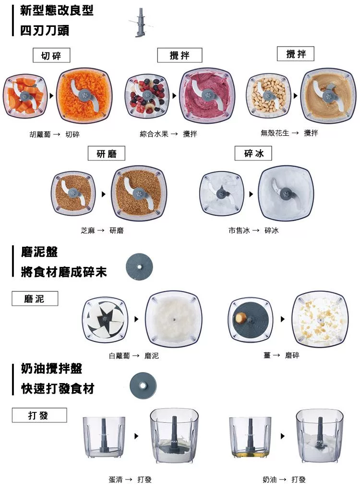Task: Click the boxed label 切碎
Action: [51, 56]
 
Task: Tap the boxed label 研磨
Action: [107, 154]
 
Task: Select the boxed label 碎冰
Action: [253, 154]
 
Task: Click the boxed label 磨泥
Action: [35, 299]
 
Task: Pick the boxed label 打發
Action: [39, 415]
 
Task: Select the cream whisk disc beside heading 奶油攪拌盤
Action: [143, 385]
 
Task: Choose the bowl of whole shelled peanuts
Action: [268, 96]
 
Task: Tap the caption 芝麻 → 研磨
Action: [102, 231]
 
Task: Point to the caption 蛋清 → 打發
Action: [130, 480]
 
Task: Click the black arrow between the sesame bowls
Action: [103, 195]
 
